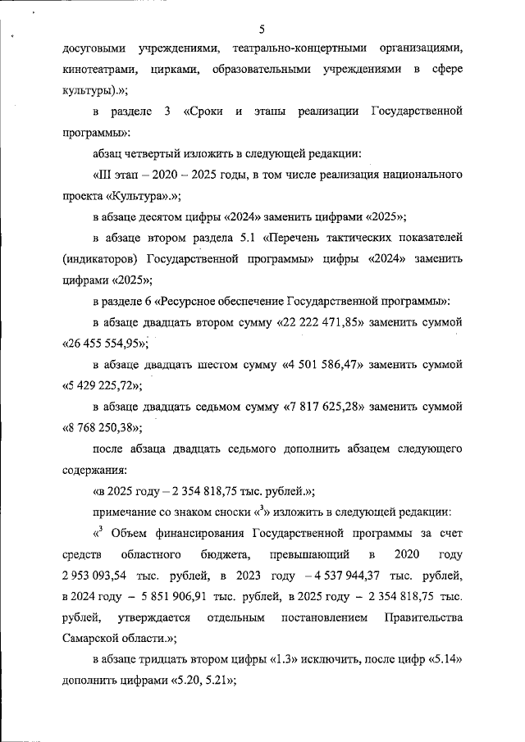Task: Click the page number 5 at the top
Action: click(262, 30)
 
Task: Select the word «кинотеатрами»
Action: click(98, 70)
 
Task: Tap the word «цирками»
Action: click(173, 70)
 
